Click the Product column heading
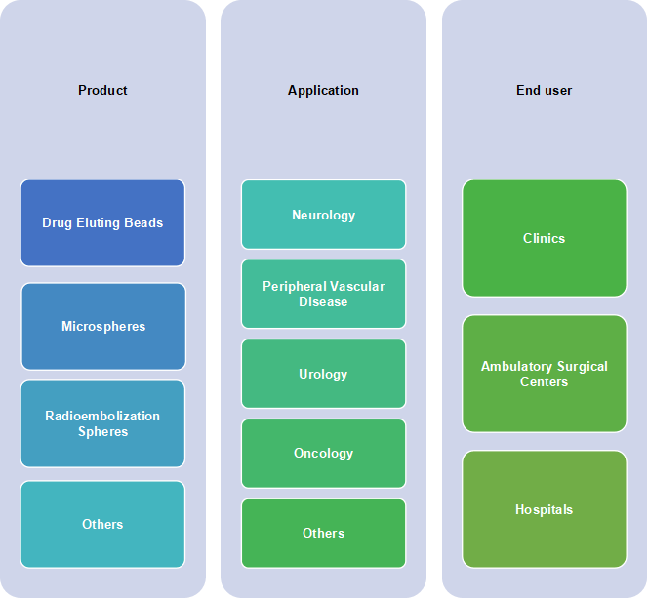(102, 90)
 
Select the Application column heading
(323, 90)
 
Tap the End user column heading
(544, 90)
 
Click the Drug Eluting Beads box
(102, 222)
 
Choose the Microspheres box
(102, 326)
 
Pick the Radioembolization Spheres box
(102, 423)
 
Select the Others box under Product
(102, 524)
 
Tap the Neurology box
(323, 215)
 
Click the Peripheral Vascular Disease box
(323, 294)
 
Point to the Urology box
(323, 374)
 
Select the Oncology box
(323, 453)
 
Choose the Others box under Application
(323, 533)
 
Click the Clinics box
(544, 238)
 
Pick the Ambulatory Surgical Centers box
(544, 374)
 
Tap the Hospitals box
(544, 509)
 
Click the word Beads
(143, 222)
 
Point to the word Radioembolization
(102, 416)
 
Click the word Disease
(323, 301)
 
